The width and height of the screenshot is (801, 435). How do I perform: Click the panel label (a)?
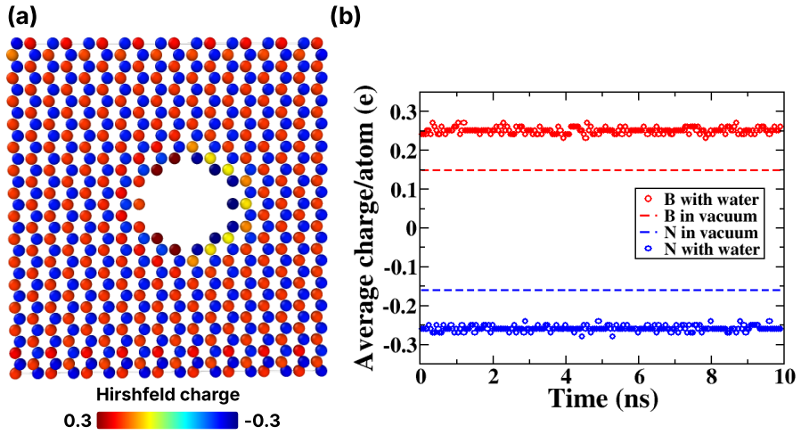[22, 17]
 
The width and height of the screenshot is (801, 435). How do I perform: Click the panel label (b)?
[346, 17]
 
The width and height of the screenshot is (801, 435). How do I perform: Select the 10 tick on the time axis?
[784, 377]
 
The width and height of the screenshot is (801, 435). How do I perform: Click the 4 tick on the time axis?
[566, 377]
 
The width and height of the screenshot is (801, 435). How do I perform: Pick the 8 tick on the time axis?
[711, 377]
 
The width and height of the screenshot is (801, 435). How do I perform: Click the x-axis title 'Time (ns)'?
[603, 398]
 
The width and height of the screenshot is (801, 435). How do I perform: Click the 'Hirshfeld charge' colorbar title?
[168, 395]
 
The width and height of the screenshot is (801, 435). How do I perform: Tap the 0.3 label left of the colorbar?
[78, 421]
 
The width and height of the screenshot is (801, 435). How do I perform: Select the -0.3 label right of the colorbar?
[263, 421]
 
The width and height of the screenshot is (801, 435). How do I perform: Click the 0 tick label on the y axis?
[409, 228]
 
